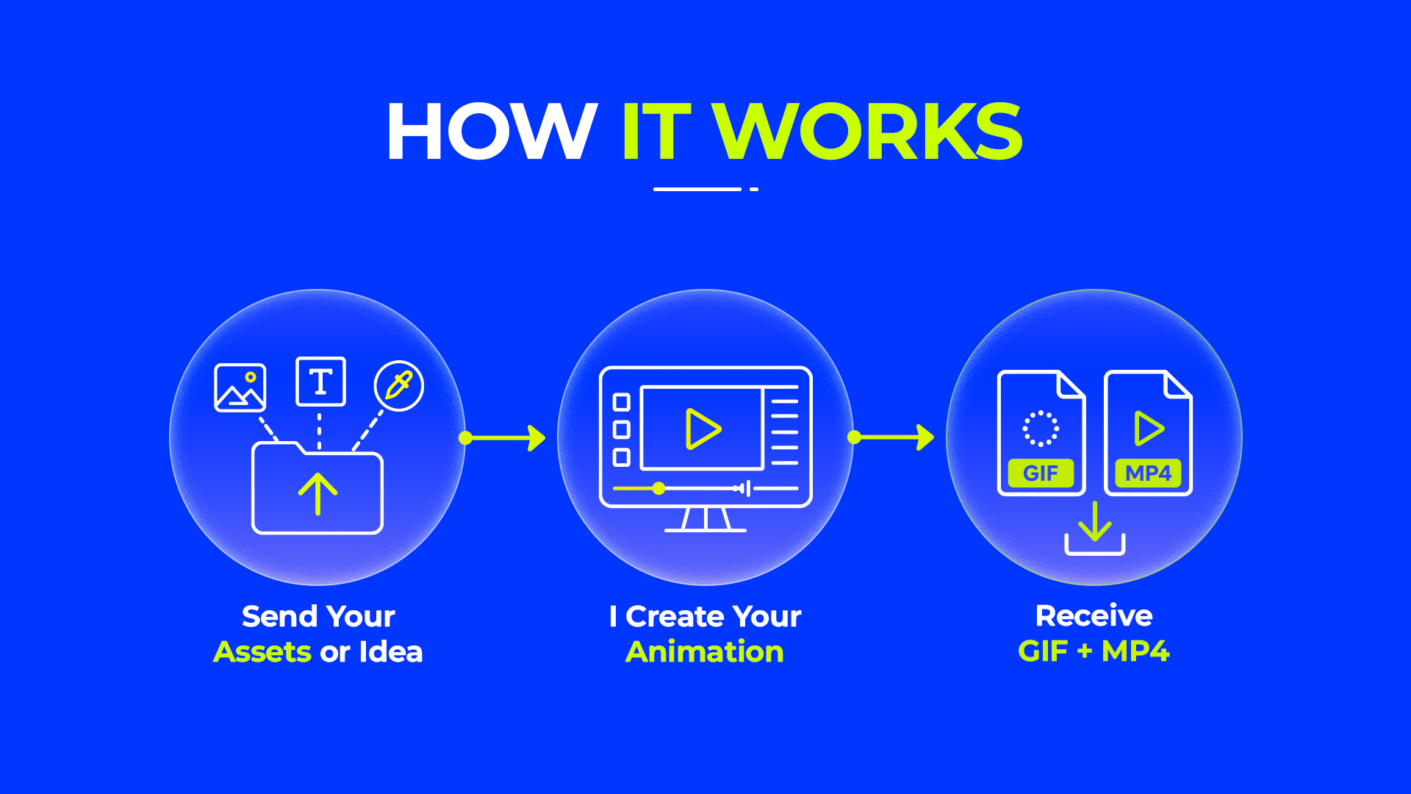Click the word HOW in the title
[492, 132]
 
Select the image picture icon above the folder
[240, 387]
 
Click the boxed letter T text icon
[320, 382]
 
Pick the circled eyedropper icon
[399, 386]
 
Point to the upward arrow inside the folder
[317, 493]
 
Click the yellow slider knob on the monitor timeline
[659, 488]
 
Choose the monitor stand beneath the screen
[705, 519]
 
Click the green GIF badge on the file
[1041, 473]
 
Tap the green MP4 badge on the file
[1148, 473]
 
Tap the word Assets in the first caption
[262, 652]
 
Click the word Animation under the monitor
[705, 652]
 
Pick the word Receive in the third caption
[1094, 616]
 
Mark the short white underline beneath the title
[697, 189]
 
